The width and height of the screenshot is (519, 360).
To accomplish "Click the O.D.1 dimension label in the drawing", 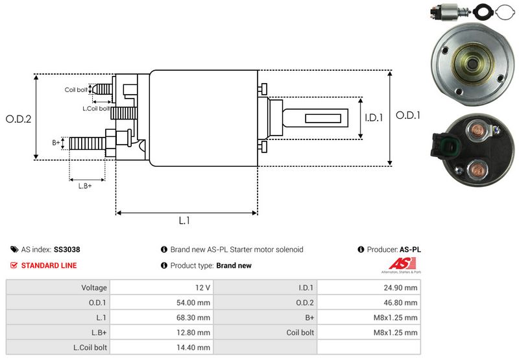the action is coord(408,115).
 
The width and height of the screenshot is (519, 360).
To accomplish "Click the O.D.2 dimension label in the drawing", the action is coord(19,119).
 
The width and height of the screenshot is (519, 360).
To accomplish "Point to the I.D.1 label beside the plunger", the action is coord(374,117).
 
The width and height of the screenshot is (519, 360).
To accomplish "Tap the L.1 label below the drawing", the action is coord(184,221).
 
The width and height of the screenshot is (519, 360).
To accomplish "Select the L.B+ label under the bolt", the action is coord(85,186).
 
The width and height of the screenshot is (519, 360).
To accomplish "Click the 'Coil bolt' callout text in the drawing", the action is coord(76,90).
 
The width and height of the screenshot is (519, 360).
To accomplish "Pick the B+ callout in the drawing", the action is coord(56,143).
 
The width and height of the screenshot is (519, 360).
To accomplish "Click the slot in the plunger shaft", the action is coord(323,119).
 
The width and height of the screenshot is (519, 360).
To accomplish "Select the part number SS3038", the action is coord(67,250).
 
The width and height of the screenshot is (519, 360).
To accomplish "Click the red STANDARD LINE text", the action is coord(49,265).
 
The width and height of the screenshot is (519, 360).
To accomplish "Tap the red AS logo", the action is coord(402,264).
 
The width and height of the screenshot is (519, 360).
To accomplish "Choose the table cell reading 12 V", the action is coord(202,287).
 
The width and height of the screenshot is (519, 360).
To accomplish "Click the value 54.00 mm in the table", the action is coord(193,302).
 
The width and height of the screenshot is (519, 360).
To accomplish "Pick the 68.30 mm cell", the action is coord(193,318).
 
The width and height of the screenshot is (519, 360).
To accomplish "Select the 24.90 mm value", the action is coord(400,287).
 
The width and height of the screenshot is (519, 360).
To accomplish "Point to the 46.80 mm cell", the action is coord(400,302).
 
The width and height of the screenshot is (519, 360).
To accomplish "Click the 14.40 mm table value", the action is coord(193,348).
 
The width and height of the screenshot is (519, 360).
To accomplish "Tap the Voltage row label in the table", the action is coord(94,287).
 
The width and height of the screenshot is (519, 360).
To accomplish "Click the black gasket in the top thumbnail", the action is coord(483,12).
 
